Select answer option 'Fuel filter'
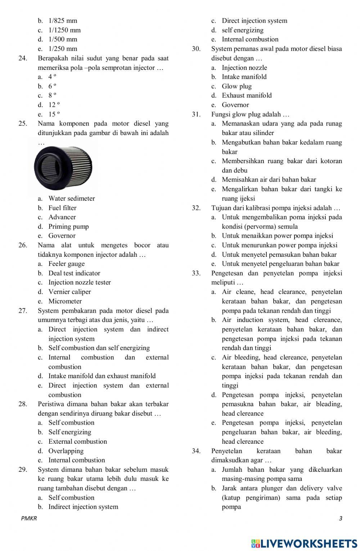click(62, 208)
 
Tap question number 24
click(23, 58)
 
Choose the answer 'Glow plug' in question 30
click(237, 86)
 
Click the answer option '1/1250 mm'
click(64, 30)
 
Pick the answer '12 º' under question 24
click(54, 105)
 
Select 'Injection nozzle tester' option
click(80, 282)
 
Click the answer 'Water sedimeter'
click(72, 198)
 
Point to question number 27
click(23, 310)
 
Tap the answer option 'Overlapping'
click(66, 451)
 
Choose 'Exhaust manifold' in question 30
click(247, 95)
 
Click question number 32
click(196, 208)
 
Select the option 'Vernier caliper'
click(69, 292)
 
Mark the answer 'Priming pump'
click(68, 227)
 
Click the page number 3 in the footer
click(340, 519)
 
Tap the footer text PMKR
click(29, 519)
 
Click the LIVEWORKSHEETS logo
click(304, 543)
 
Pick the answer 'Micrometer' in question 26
click(65, 301)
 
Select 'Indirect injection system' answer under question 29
click(83, 507)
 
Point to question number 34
click(196, 451)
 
